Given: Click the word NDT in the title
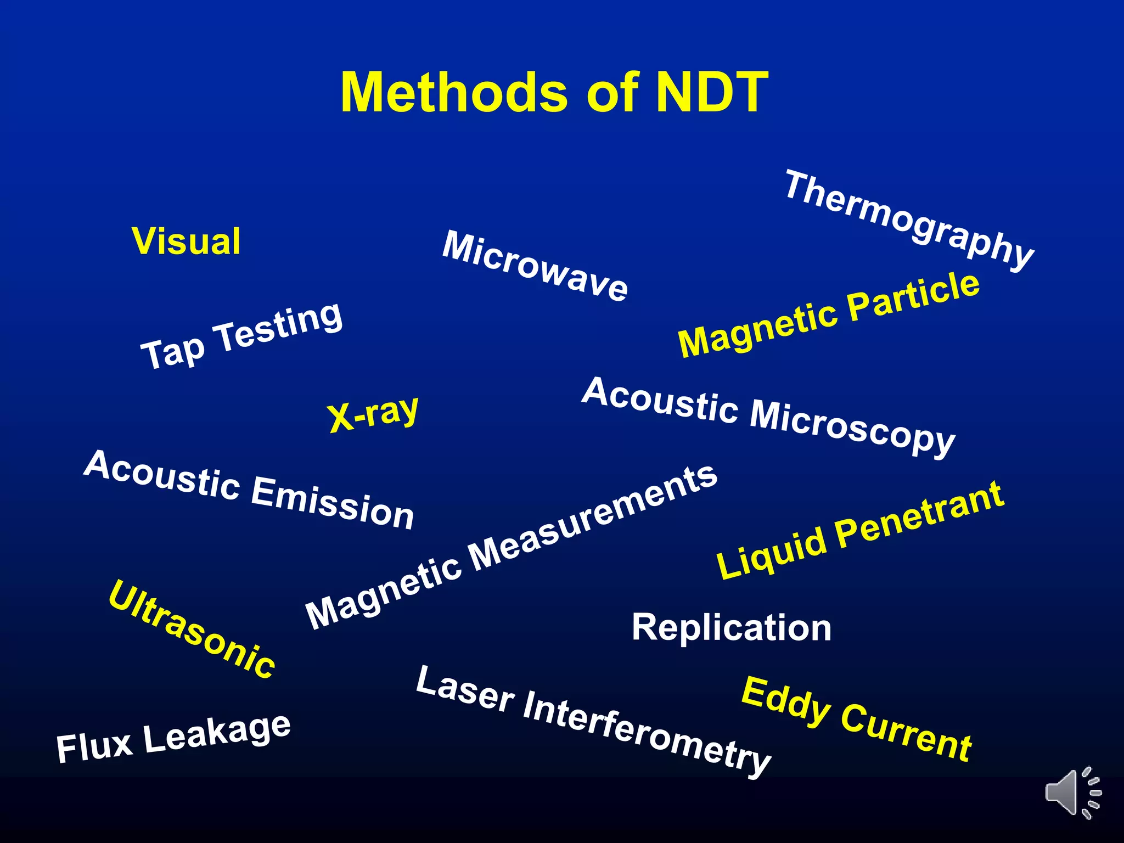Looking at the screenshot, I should [712, 92].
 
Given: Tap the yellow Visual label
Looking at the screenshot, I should [186, 241].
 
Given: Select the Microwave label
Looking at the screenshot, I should [535, 266].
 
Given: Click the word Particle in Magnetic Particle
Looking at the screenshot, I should [913, 297].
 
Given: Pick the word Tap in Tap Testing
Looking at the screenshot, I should [172, 352].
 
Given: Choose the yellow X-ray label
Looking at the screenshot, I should [373, 414].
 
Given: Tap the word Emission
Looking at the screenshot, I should [333, 503].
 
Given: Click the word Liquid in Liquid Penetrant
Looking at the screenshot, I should [771, 554].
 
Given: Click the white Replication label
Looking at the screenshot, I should [732, 627].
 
